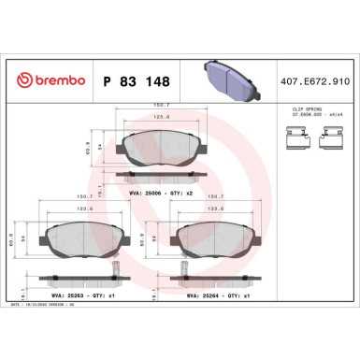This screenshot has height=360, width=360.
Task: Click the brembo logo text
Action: coord(56,82)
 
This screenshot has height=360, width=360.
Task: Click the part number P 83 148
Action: coord(131,82)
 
